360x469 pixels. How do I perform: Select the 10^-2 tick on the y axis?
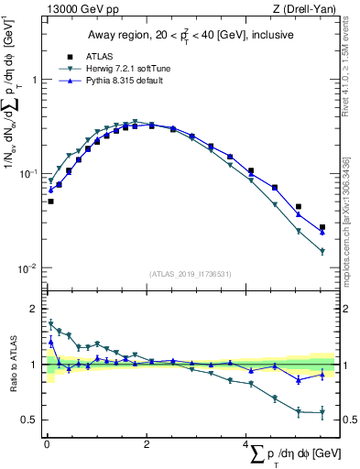pyautogui.click(x=27, y=268)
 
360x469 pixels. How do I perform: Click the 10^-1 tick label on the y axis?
pyautogui.click(x=27, y=174)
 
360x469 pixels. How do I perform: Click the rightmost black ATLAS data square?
pyautogui.click(x=322, y=227)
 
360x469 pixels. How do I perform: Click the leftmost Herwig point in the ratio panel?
pyautogui.click(x=50, y=323)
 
